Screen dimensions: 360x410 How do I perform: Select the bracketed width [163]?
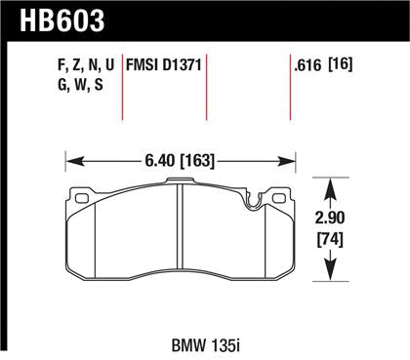point(198,154)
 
